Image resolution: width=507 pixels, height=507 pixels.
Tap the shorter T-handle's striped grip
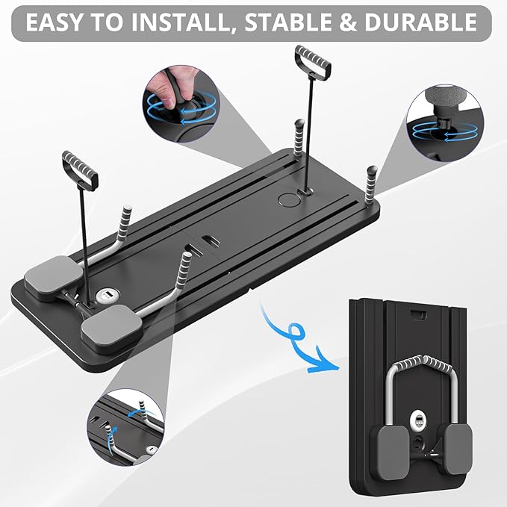[81, 169]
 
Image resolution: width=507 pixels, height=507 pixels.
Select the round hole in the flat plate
[287, 200]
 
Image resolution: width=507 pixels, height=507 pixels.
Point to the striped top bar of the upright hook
[424, 366]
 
